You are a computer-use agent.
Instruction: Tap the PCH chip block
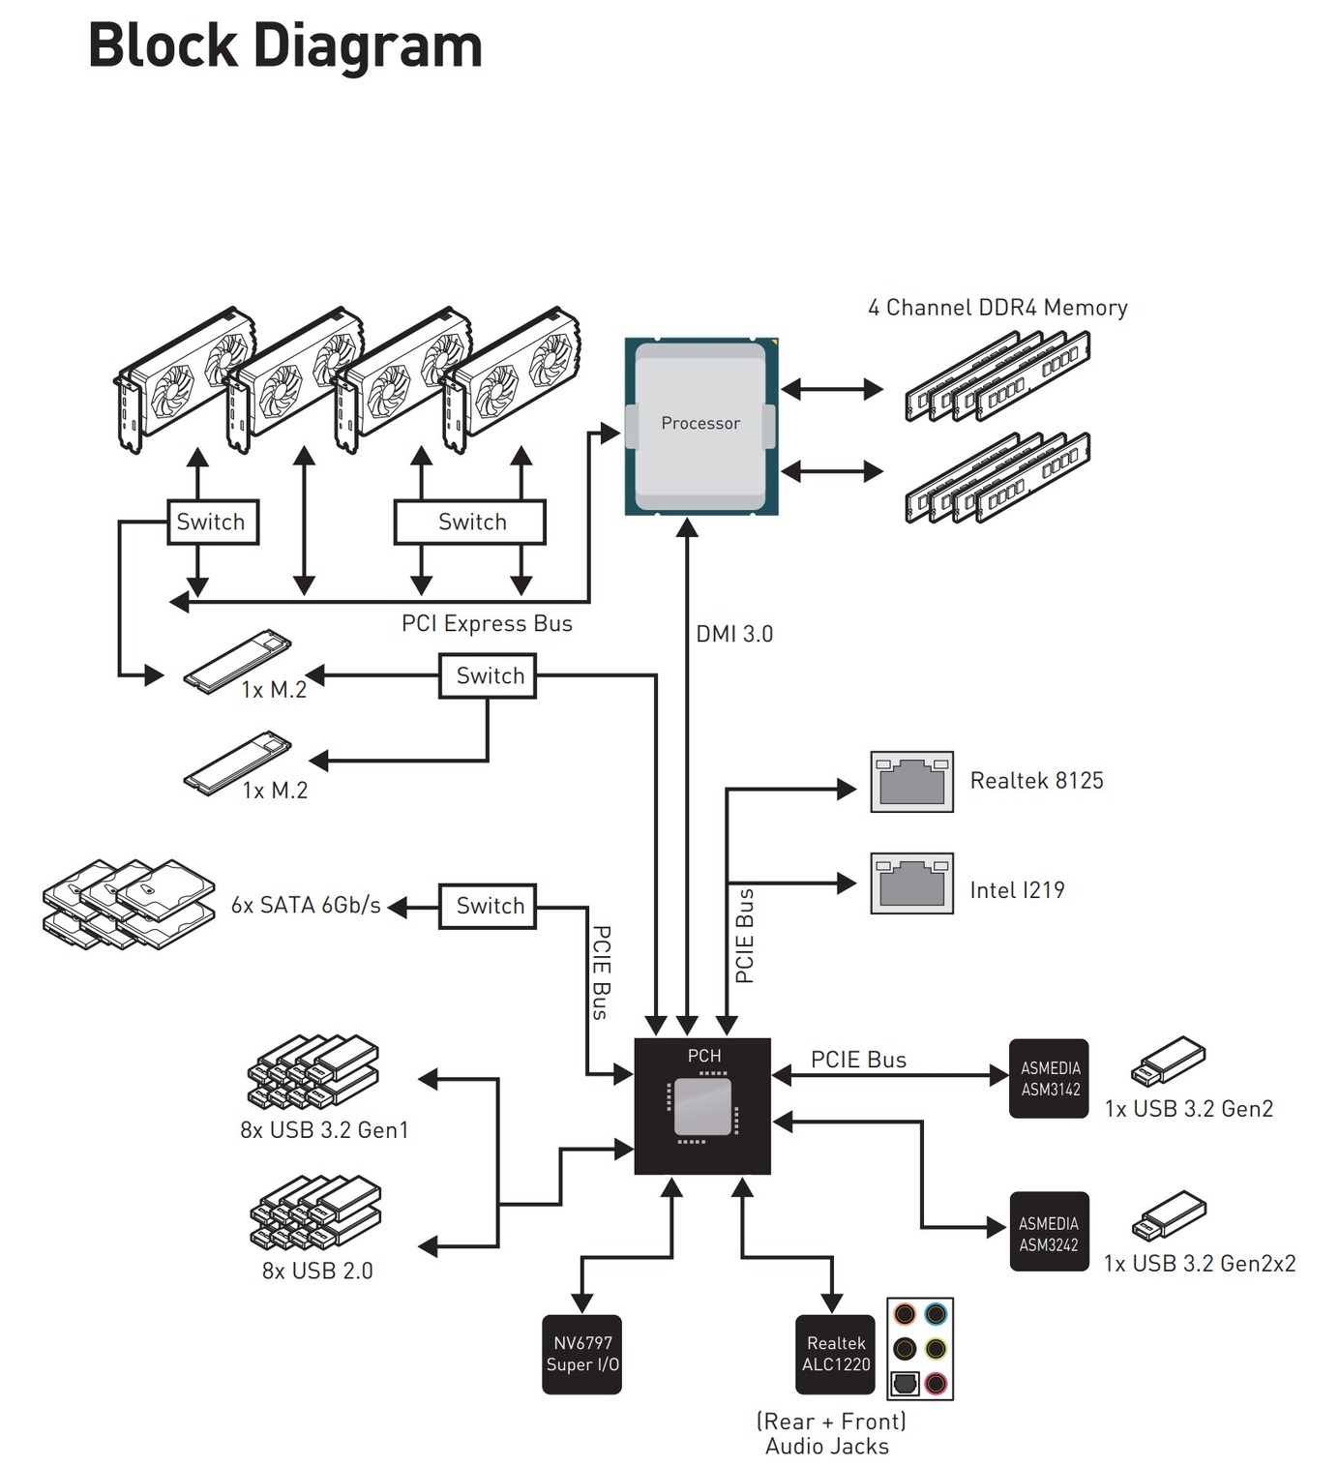(x=702, y=1105)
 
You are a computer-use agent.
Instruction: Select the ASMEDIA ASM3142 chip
(x=1049, y=1079)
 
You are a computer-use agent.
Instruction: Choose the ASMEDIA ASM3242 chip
(x=1049, y=1232)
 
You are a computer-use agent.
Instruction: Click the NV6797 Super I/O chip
(x=581, y=1354)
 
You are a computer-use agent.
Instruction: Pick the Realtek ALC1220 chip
(x=836, y=1354)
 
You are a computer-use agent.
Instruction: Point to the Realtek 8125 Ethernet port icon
(x=911, y=781)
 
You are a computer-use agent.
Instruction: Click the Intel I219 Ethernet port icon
(x=911, y=883)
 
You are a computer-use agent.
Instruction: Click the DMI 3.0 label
(x=734, y=634)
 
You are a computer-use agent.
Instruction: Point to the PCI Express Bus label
(x=487, y=623)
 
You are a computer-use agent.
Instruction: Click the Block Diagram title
(x=285, y=45)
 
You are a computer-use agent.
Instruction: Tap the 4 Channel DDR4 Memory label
(x=997, y=308)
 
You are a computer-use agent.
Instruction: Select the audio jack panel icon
(x=920, y=1348)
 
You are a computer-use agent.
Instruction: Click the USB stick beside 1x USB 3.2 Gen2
(x=1169, y=1061)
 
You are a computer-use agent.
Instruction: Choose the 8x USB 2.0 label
(x=317, y=1271)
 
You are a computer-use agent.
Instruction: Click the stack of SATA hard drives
(x=129, y=904)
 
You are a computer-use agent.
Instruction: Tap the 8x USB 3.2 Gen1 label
(x=324, y=1129)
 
